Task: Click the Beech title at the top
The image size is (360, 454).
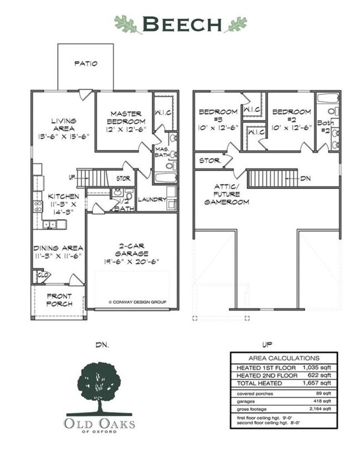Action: pyautogui.click(x=181, y=24)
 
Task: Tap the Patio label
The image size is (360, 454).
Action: pyautogui.click(x=86, y=64)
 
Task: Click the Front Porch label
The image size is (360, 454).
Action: pyautogui.click(x=59, y=300)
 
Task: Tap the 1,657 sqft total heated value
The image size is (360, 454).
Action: pyautogui.click(x=317, y=382)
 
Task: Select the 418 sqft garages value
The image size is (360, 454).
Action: pyautogui.click(x=321, y=401)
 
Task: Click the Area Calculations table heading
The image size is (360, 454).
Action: pyautogui.click(x=284, y=359)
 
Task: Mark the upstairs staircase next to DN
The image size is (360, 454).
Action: pyautogui.click(x=272, y=178)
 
